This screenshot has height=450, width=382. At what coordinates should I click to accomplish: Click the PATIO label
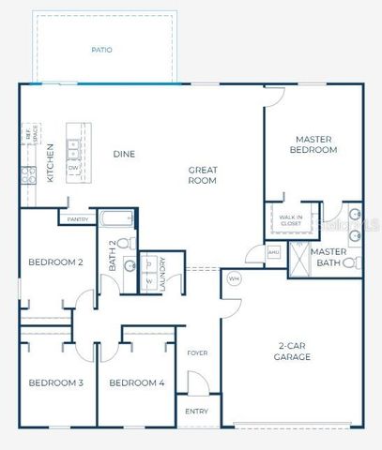[102, 50]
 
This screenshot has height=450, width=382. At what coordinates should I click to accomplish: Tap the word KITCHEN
[49, 162]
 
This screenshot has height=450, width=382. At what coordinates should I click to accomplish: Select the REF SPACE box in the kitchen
[29, 138]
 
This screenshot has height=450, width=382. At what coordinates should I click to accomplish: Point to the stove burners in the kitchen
[29, 173]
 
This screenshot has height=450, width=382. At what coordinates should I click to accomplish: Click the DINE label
[125, 154]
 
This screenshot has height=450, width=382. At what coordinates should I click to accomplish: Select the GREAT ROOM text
[202, 175]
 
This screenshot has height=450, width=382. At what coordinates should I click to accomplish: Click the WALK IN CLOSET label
[291, 220]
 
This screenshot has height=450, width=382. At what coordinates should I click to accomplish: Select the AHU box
[273, 252]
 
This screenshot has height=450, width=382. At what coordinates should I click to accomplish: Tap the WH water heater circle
[235, 277]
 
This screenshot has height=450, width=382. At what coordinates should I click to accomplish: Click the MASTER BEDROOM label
[313, 144]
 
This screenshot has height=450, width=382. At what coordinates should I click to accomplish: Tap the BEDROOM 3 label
[55, 382]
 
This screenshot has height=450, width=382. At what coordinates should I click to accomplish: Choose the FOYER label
[197, 353]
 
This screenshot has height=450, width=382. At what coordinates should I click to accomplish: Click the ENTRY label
[197, 412]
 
